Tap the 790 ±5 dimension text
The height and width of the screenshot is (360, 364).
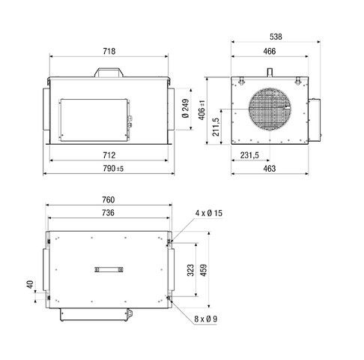[109, 169]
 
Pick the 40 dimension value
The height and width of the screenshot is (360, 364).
[31, 285]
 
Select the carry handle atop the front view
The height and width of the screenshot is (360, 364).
[109, 73]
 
